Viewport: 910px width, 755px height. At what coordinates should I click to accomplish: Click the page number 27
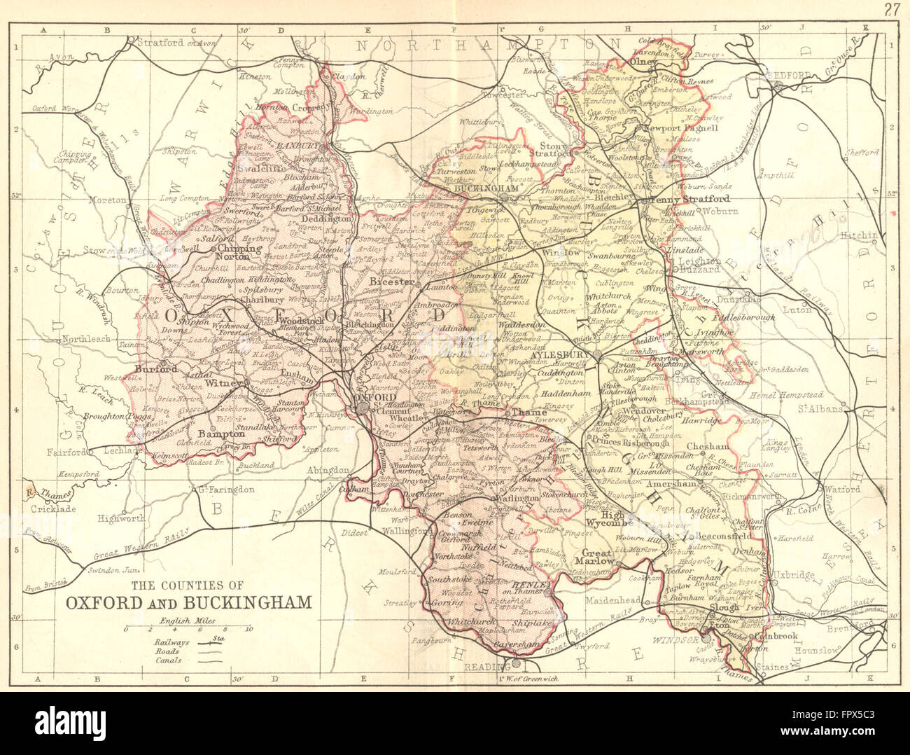click(x=891, y=9)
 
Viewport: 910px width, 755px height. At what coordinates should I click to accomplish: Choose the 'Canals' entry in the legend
click(x=169, y=660)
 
